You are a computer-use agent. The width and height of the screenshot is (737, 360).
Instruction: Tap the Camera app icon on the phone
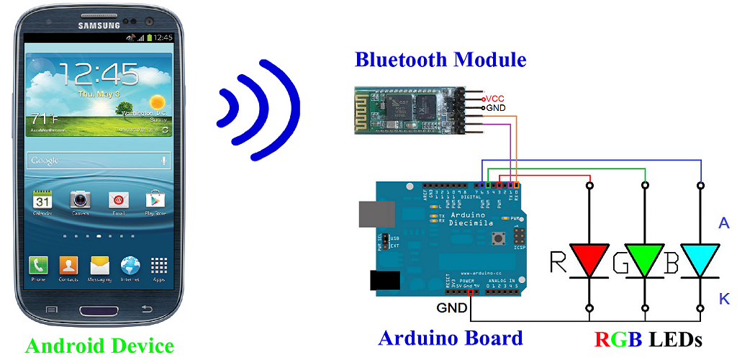(80, 200)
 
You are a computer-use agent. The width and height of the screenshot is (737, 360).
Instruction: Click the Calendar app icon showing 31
(42, 200)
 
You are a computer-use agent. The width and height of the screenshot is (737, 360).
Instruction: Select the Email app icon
(118, 200)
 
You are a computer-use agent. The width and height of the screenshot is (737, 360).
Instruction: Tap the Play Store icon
(155, 200)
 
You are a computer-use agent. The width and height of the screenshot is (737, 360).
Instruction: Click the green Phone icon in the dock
(38, 265)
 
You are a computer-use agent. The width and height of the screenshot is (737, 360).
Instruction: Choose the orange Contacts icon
(68, 265)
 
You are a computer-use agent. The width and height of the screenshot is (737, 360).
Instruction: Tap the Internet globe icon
(130, 265)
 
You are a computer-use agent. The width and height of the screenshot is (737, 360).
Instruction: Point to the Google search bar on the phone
(98, 160)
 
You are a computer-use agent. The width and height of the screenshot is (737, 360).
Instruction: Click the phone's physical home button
(99, 311)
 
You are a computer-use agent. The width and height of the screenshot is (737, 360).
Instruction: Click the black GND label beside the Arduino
(451, 309)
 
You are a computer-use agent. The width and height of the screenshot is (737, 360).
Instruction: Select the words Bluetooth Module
(440, 60)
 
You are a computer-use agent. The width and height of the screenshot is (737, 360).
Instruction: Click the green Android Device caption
(99, 346)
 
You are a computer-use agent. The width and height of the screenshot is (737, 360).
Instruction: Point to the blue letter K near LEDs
(724, 299)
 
